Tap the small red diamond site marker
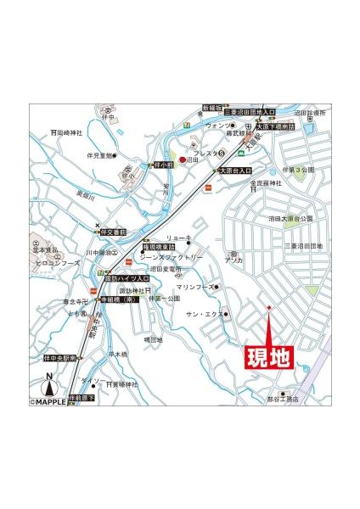(269, 307)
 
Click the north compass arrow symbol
(49, 384)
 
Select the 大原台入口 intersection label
(236, 171)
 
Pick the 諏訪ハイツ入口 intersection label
(127, 277)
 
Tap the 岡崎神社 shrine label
(68, 132)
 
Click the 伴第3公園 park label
(301, 169)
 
